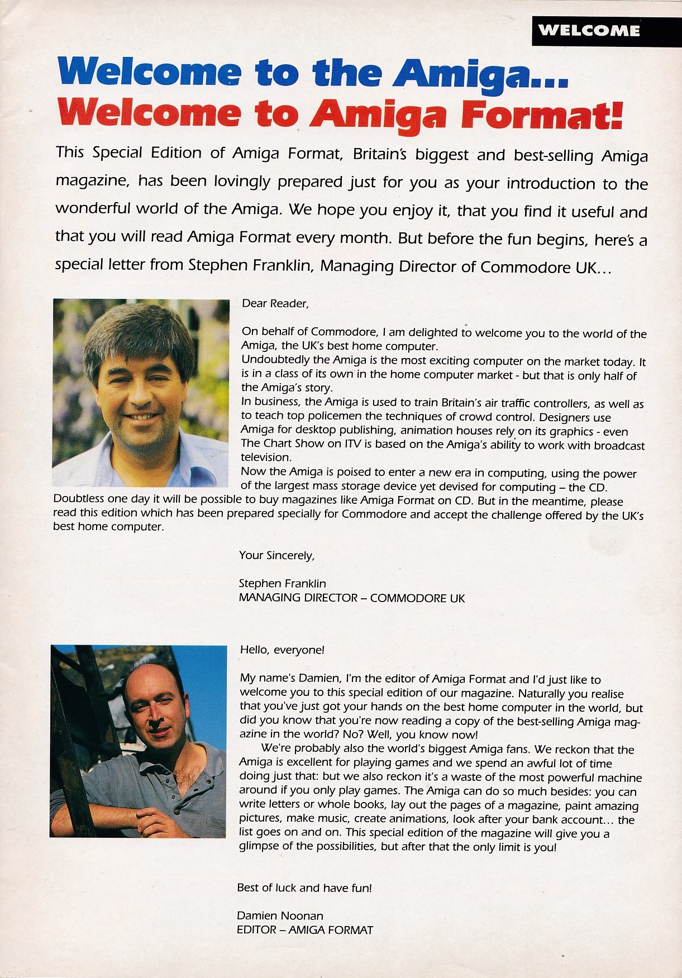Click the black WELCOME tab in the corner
pyautogui.click(x=606, y=31)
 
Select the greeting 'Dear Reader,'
pyautogui.click(x=275, y=304)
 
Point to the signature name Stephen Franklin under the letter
pyautogui.click(x=282, y=583)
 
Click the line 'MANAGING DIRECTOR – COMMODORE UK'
pyautogui.click(x=351, y=598)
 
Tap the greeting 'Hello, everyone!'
pyautogui.click(x=282, y=650)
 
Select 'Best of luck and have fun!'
pyautogui.click(x=304, y=888)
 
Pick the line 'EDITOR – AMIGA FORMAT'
pyautogui.click(x=304, y=930)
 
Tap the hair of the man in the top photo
pyautogui.click(x=140, y=335)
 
